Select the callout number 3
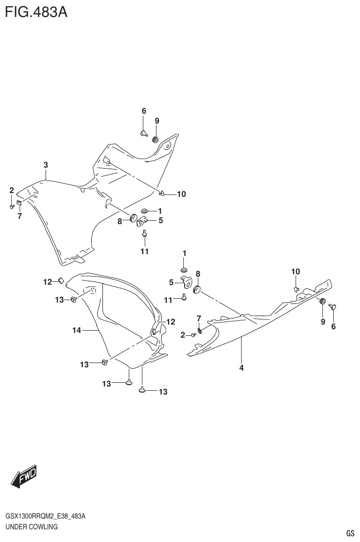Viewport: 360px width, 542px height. (x=46, y=165)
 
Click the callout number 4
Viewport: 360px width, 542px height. (x=241, y=368)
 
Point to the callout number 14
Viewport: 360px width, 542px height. (x=77, y=331)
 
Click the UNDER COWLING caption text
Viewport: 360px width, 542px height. (x=31, y=527)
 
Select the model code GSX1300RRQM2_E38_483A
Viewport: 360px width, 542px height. (x=46, y=516)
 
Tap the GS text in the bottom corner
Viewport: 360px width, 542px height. (x=350, y=533)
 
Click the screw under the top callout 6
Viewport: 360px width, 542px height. (x=144, y=133)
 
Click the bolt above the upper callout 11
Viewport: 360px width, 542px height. (x=145, y=233)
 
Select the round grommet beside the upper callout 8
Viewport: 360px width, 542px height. (x=134, y=218)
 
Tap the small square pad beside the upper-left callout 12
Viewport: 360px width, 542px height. (x=61, y=281)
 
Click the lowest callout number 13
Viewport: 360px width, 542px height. (x=163, y=392)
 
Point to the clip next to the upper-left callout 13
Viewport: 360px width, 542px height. (x=74, y=300)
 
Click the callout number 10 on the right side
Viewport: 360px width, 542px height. (x=295, y=271)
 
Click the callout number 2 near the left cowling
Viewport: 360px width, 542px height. (x=12, y=190)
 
